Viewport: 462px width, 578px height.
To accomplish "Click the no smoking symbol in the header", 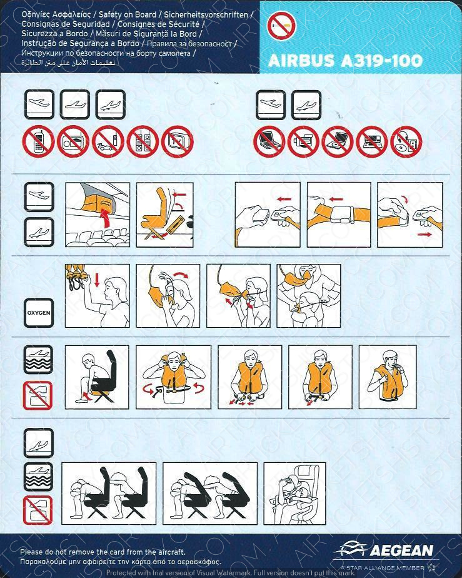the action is tap(282, 26).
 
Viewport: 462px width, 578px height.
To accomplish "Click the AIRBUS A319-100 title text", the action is tap(345, 61).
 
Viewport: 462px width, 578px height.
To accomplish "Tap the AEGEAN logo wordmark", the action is tap(401, 550).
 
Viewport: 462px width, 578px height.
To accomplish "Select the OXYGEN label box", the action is tap(39, 313).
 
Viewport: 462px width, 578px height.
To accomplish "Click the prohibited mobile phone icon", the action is tap(38, 142).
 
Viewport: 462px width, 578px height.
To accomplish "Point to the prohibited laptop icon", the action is tap(269, 142).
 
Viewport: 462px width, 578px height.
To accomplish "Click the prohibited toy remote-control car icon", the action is tap(108, 142).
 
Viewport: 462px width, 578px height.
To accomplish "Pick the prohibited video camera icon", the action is tap(303, 142).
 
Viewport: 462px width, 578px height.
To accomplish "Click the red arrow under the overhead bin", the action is tap(106, 217).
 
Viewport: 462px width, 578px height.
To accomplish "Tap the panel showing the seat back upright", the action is tap(164, 215).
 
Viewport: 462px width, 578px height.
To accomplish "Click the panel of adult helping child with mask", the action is tap(308, 296).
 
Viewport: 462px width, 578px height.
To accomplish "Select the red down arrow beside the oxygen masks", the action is tap(97, 280).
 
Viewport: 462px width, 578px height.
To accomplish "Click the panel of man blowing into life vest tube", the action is tap(388, 377).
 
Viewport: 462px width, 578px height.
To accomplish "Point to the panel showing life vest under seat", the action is tap(97, 377).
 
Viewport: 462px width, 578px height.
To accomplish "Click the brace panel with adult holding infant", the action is tap(294, 494).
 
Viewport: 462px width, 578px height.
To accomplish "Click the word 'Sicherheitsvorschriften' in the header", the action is tap(206, 15).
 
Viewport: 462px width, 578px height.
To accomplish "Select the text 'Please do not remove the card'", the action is tap(71, 552).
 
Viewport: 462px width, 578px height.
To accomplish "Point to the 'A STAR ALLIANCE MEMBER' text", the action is tap(383, 568).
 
